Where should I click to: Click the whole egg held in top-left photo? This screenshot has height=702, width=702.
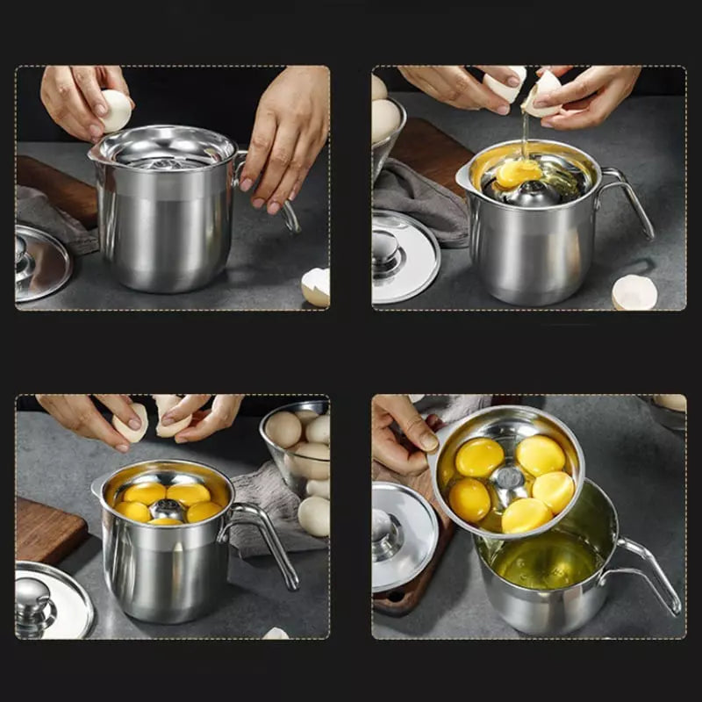tap(117, 110)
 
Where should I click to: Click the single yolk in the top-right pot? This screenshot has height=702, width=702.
tap(518, 173)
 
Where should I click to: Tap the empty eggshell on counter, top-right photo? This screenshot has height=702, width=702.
tap(634, 292)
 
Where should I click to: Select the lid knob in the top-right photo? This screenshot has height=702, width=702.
tap(387, 247)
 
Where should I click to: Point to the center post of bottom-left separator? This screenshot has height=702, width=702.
tap(167, 509)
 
